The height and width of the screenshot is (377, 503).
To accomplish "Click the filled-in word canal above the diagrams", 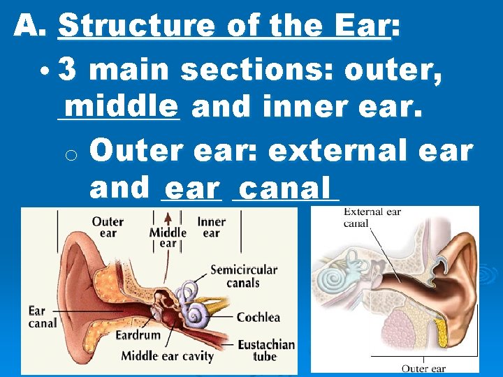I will (x=284, y=188).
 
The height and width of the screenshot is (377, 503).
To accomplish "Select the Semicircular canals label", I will (x=243, y=276).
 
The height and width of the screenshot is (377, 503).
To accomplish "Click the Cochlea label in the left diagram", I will (x=258, y=318).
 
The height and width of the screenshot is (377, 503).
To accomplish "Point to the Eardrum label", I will (x=138, y=335).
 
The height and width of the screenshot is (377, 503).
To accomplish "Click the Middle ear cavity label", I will (x=167, y=356).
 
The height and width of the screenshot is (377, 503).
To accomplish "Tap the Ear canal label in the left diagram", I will (x=43, y=317).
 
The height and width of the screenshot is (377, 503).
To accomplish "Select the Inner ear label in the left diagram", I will (x=211, y=228).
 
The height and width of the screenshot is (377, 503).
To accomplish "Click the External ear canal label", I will (x=372, y=217).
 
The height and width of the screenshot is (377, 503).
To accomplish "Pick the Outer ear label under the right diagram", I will (x=423, y=369).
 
